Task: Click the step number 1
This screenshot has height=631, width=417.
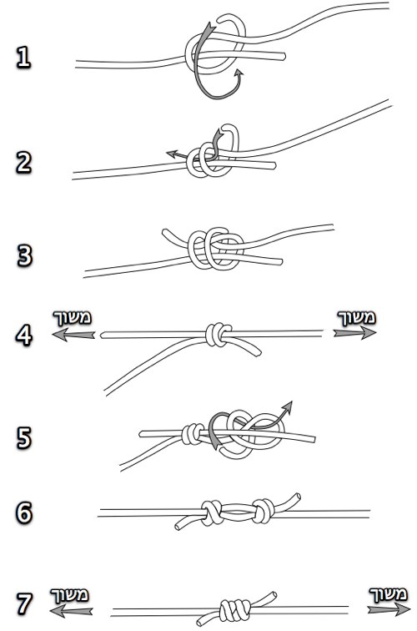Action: [23, 57]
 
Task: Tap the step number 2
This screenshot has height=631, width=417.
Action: [23, 162]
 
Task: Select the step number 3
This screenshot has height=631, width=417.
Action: [24, 255]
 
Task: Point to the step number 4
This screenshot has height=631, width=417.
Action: [23, 335]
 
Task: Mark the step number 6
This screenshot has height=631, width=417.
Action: [23, 512]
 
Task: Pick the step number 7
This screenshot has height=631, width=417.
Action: [23, 603]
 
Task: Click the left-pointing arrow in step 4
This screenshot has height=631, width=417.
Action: [73, 335]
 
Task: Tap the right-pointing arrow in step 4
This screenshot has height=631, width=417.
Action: [354, 332]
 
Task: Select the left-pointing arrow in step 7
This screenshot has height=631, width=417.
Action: [71, 611]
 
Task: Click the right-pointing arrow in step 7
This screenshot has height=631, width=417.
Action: [389, 608]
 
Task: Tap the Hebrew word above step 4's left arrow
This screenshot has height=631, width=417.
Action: [73, 318]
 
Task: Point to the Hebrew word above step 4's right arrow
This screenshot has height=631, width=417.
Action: [357, 317]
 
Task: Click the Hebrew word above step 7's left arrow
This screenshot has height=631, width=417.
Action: [69, 595]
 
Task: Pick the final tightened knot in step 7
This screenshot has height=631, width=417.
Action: [235, 610]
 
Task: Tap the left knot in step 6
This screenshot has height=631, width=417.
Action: [212, 512]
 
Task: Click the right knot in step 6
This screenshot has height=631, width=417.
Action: [264, 511]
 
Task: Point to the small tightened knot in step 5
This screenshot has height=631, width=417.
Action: [193, 434]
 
